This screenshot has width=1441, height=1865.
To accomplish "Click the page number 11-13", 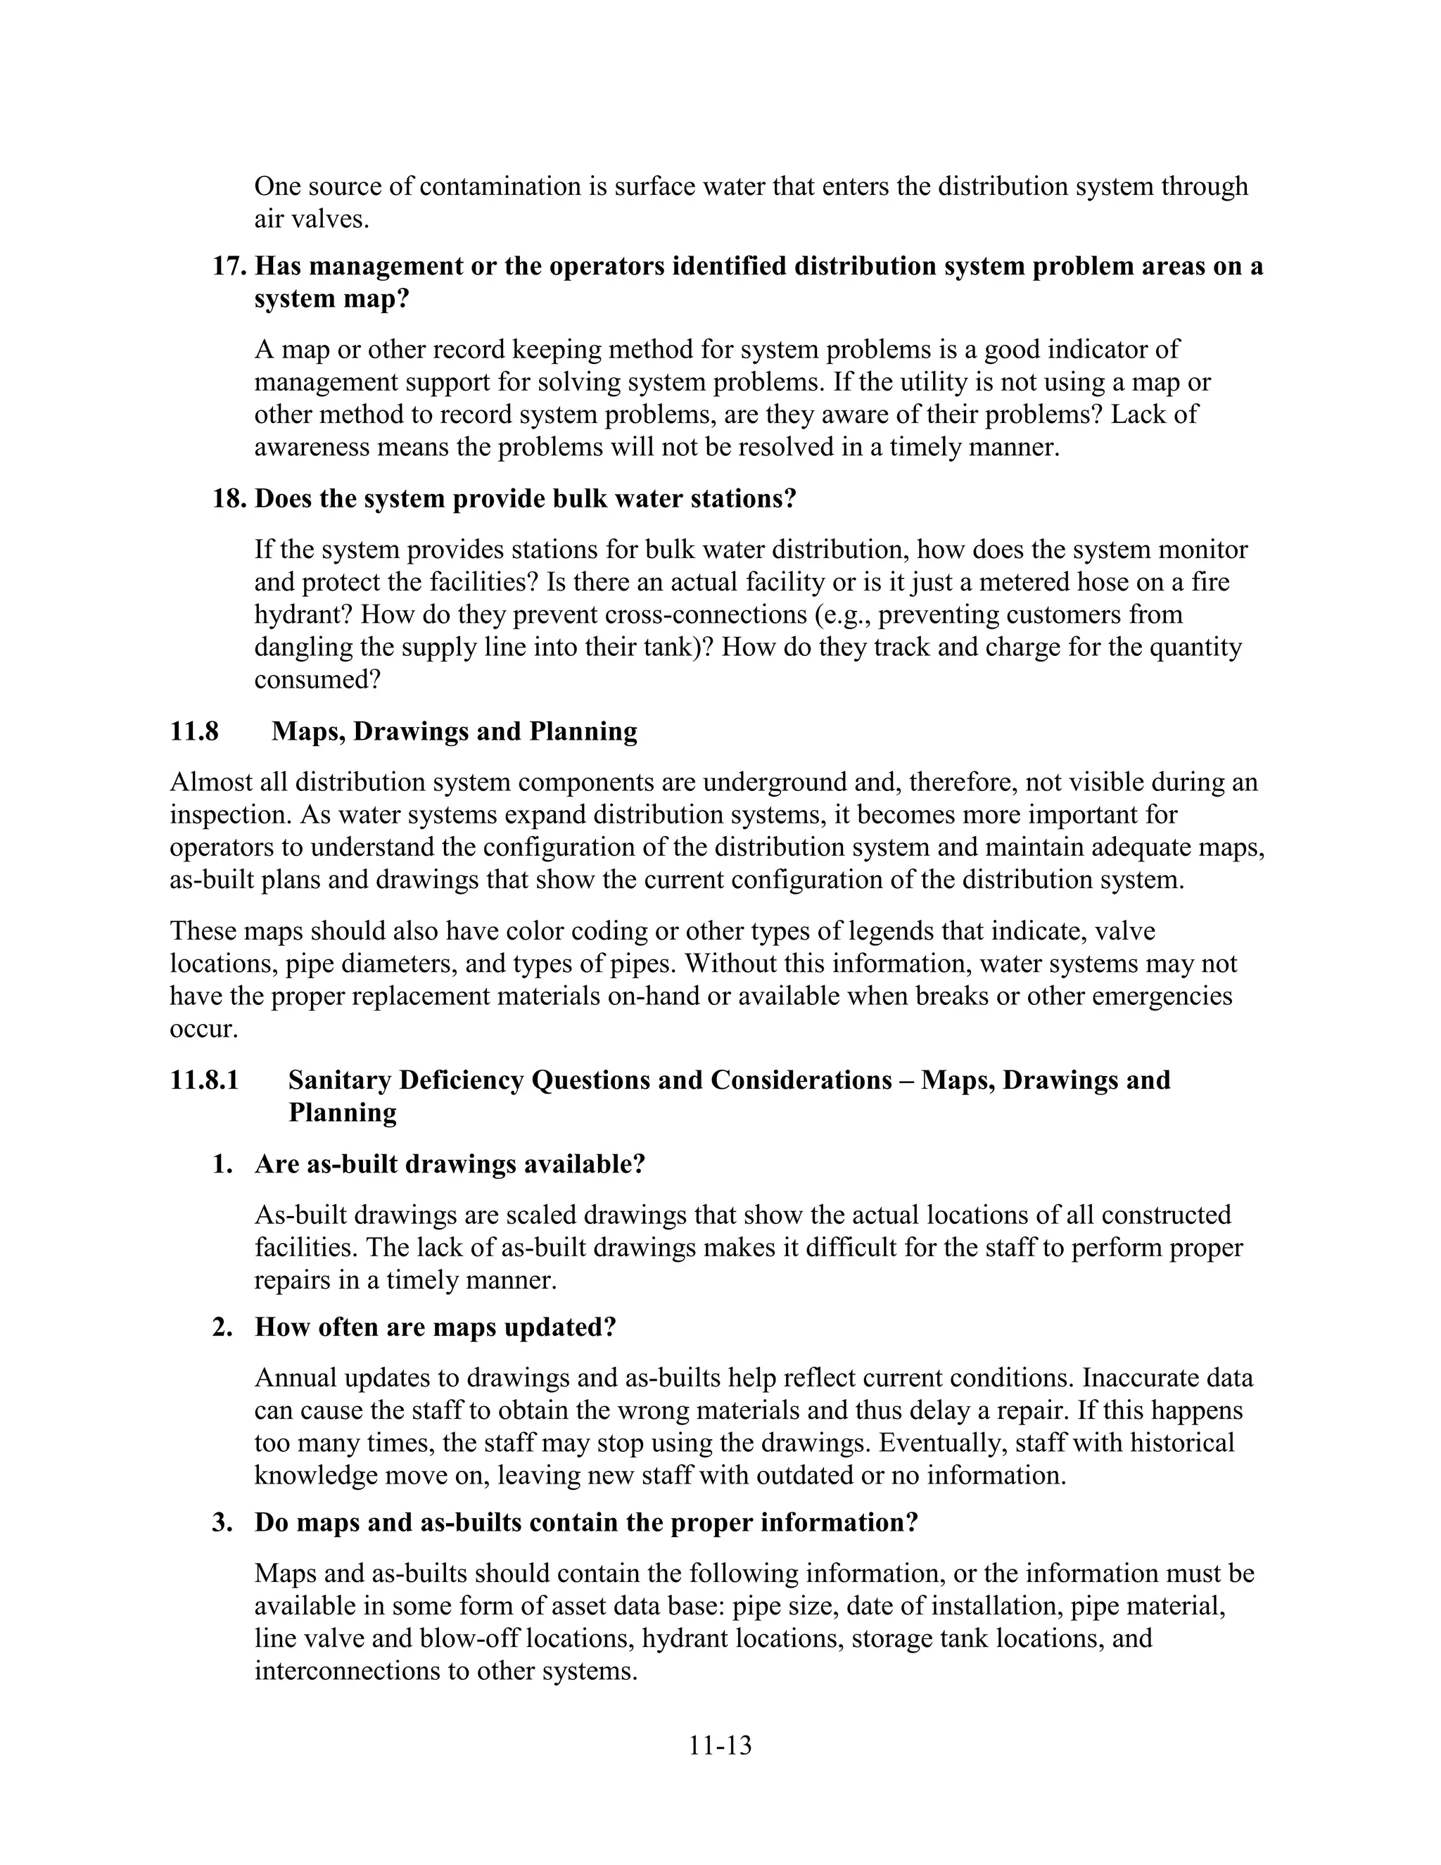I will point(720,1745).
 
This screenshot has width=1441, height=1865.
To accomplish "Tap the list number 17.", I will point(229,267).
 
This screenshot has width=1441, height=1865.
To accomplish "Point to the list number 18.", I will point(229,499).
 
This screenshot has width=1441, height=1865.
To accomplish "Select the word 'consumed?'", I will point(317,680).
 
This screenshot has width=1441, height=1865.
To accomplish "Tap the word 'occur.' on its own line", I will point(203,1028).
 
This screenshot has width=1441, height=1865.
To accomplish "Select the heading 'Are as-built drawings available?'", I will point(449,1164).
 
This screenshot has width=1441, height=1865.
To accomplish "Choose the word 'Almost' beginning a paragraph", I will point(209,782).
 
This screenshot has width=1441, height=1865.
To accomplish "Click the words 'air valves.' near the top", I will point(312,220).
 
